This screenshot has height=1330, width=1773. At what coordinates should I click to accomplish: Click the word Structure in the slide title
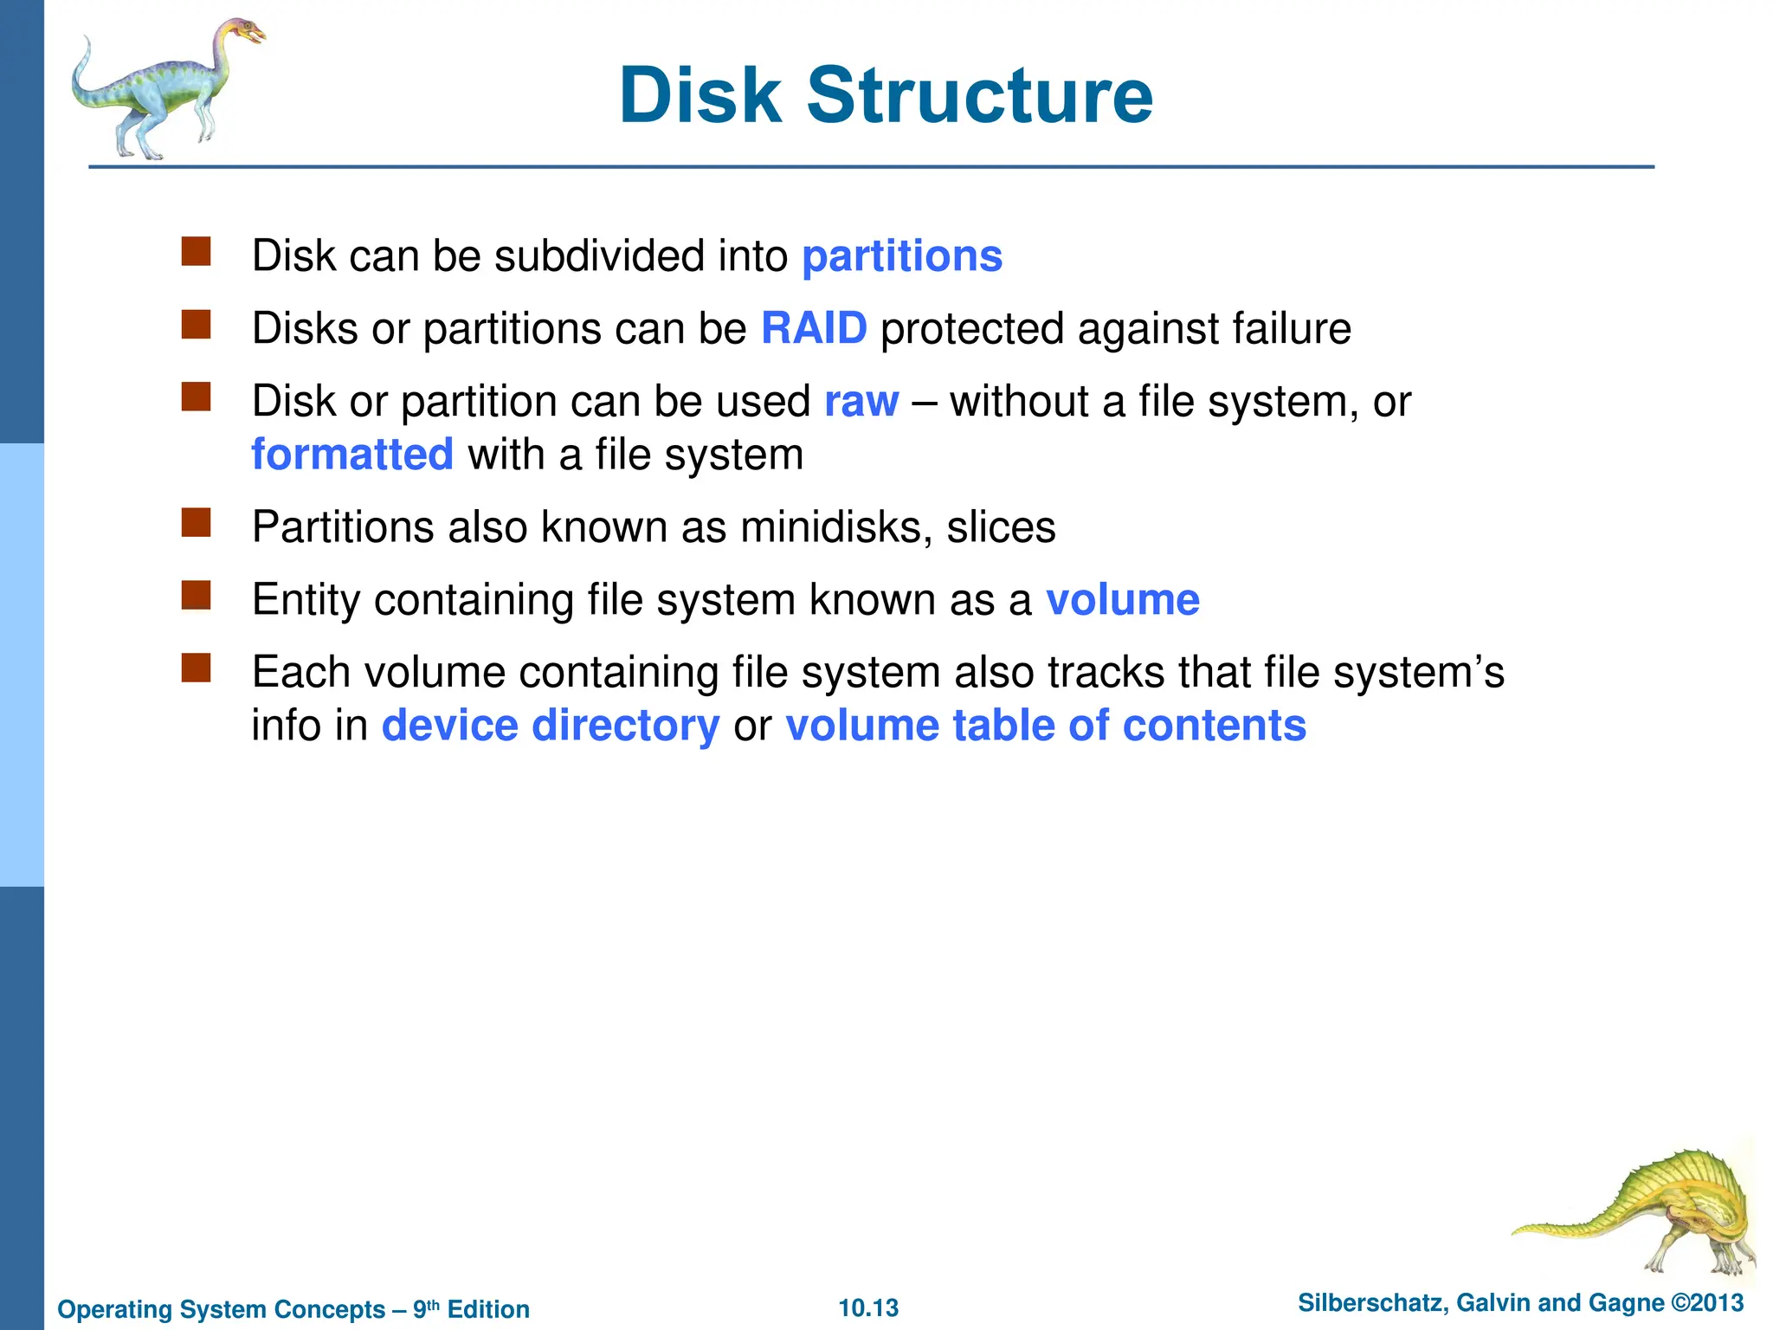(980, 95)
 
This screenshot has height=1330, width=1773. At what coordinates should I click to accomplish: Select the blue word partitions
(902, 256)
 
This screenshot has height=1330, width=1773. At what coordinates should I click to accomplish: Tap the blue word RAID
(814, 328)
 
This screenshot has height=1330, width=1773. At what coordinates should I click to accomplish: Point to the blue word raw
(861, 402)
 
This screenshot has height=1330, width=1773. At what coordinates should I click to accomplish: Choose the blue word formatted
(352, 455)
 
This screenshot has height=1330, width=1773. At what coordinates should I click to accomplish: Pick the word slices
(1001, 526)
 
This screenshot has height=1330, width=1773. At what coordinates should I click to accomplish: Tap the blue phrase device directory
(551, 725)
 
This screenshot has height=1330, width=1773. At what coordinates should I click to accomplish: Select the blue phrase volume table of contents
(1046, 725)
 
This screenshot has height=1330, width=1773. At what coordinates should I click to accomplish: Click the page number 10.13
(868, 1307)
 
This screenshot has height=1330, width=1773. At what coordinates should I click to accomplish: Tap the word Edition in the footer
(488, 1309)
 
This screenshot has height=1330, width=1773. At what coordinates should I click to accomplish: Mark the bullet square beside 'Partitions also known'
(197, 523)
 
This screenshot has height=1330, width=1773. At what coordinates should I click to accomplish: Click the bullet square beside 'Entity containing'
(197, 596)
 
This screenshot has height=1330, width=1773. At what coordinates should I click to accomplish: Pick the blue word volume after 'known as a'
(1123, 599)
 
